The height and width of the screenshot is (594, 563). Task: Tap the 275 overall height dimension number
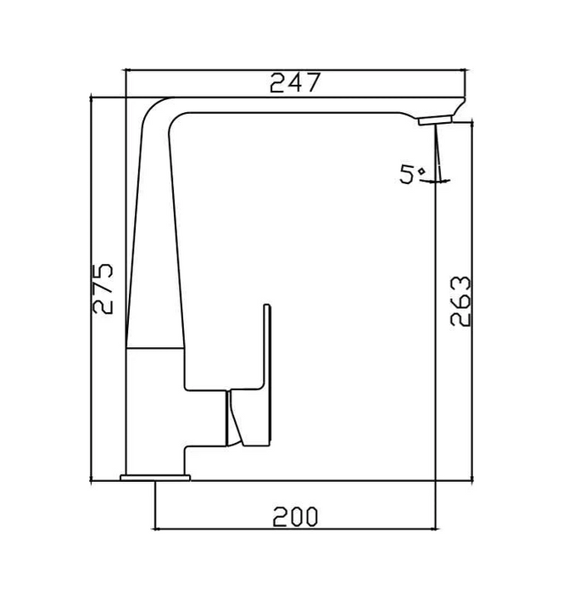103,289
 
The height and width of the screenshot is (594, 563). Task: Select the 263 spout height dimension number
458,301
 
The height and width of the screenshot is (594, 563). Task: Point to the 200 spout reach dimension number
294,515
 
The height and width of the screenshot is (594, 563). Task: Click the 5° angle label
413,175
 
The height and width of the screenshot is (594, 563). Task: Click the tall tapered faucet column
154,255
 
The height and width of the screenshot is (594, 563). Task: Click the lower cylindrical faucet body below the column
154,407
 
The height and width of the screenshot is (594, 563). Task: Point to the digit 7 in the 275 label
103,289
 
